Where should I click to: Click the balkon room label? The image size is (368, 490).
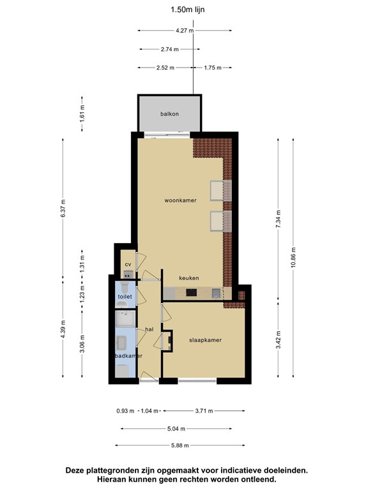(169, 114)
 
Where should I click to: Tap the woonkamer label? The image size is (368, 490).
(181, 200)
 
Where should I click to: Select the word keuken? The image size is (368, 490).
(189, 278)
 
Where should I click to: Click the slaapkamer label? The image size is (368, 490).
(205, 340)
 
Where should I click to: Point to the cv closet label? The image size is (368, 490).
(128, 264)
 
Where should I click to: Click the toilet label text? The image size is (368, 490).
(125, 296)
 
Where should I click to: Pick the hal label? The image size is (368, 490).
(149, 329)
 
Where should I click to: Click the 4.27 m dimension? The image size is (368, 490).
(185, 31)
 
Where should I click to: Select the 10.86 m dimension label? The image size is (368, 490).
(293, 258)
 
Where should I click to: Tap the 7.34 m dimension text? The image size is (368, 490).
(278, 219)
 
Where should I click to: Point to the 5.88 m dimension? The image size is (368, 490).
(180, 445)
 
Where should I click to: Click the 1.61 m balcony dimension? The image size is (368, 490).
(82, 114)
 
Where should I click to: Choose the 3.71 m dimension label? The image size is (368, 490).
(204, 411)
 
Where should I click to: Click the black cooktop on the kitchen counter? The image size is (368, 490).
(191, 293)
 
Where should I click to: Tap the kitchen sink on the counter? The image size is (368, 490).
(216, 293)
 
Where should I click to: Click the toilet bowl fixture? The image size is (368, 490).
(125, 286)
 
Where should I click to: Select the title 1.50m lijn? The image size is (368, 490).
(187, 10)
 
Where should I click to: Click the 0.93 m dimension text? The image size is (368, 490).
(125, 411)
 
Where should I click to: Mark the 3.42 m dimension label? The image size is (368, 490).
(278, 341)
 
